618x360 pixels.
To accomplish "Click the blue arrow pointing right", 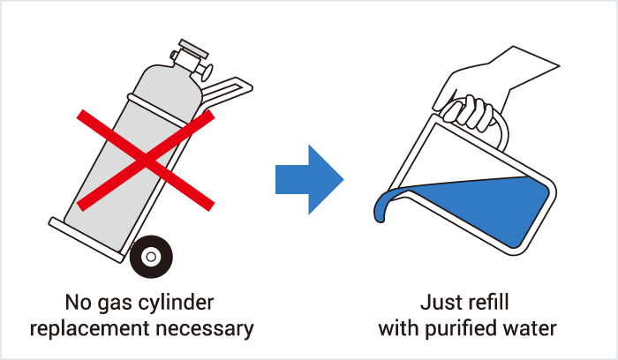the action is click(309, 180).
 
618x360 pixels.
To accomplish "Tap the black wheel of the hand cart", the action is click(151, 257).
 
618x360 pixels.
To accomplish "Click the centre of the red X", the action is click(146, 160).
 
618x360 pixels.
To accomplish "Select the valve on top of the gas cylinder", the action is click(192, 59).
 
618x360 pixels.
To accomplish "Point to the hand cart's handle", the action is click(228, 92).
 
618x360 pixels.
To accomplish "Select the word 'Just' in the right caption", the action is click(438, 303).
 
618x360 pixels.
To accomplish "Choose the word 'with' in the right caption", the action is click(399, 327).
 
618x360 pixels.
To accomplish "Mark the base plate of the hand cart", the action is click(87, 239).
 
